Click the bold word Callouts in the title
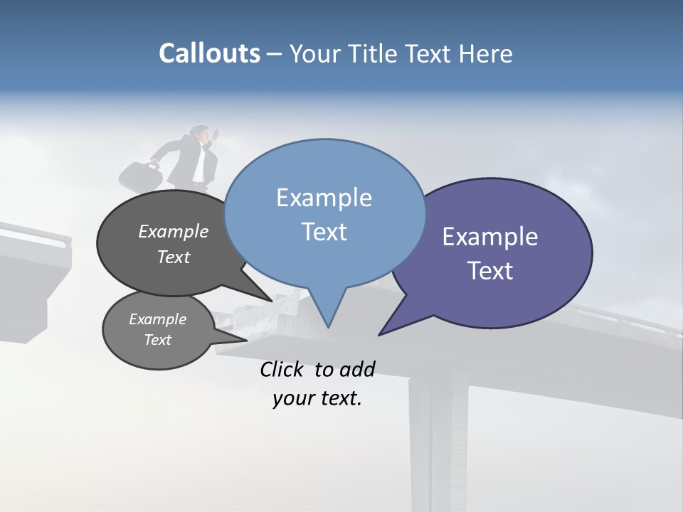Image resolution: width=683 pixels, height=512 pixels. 209,53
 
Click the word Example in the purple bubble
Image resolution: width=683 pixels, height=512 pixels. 490,237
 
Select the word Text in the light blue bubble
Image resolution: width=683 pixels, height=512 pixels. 324,232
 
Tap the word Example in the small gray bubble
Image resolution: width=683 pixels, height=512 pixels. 157,319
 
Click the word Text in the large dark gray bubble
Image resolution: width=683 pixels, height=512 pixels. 174,257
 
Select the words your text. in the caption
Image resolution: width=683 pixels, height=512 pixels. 317,398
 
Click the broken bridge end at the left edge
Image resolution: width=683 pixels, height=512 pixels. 36,256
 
